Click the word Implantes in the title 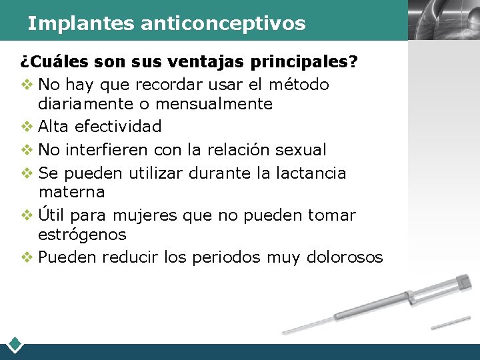(81, 24)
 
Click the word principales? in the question (305, 63)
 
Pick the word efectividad (118, 127)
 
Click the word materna (71, 192)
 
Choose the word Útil (52, 215)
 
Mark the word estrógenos (82, 235)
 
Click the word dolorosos (345, 257)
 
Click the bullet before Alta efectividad (27, 127)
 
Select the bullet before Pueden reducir (27, 257)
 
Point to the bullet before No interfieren (27, 149)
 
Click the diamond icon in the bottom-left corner (15, 345)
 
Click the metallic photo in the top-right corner (443, 20)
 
